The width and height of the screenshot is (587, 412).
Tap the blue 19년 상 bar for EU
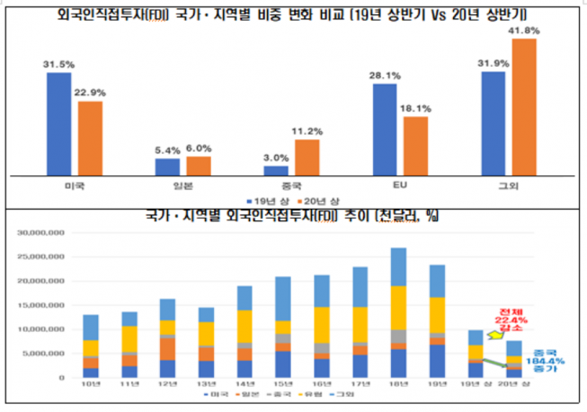click(x=385, y=130)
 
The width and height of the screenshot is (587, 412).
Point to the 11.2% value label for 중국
click(x=308, y=130)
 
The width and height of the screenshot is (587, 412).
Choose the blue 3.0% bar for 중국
click(x=276, y=170)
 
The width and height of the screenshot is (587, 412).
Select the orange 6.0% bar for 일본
click(x=198, y=166)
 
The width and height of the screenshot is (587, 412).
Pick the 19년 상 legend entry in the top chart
click(x=265, y=200)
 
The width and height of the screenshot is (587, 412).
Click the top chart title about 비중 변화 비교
click(x=293, y=13)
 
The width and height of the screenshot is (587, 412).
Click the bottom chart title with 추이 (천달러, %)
click(x=293, y=217)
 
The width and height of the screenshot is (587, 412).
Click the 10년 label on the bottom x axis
click(x=90, y=386)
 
